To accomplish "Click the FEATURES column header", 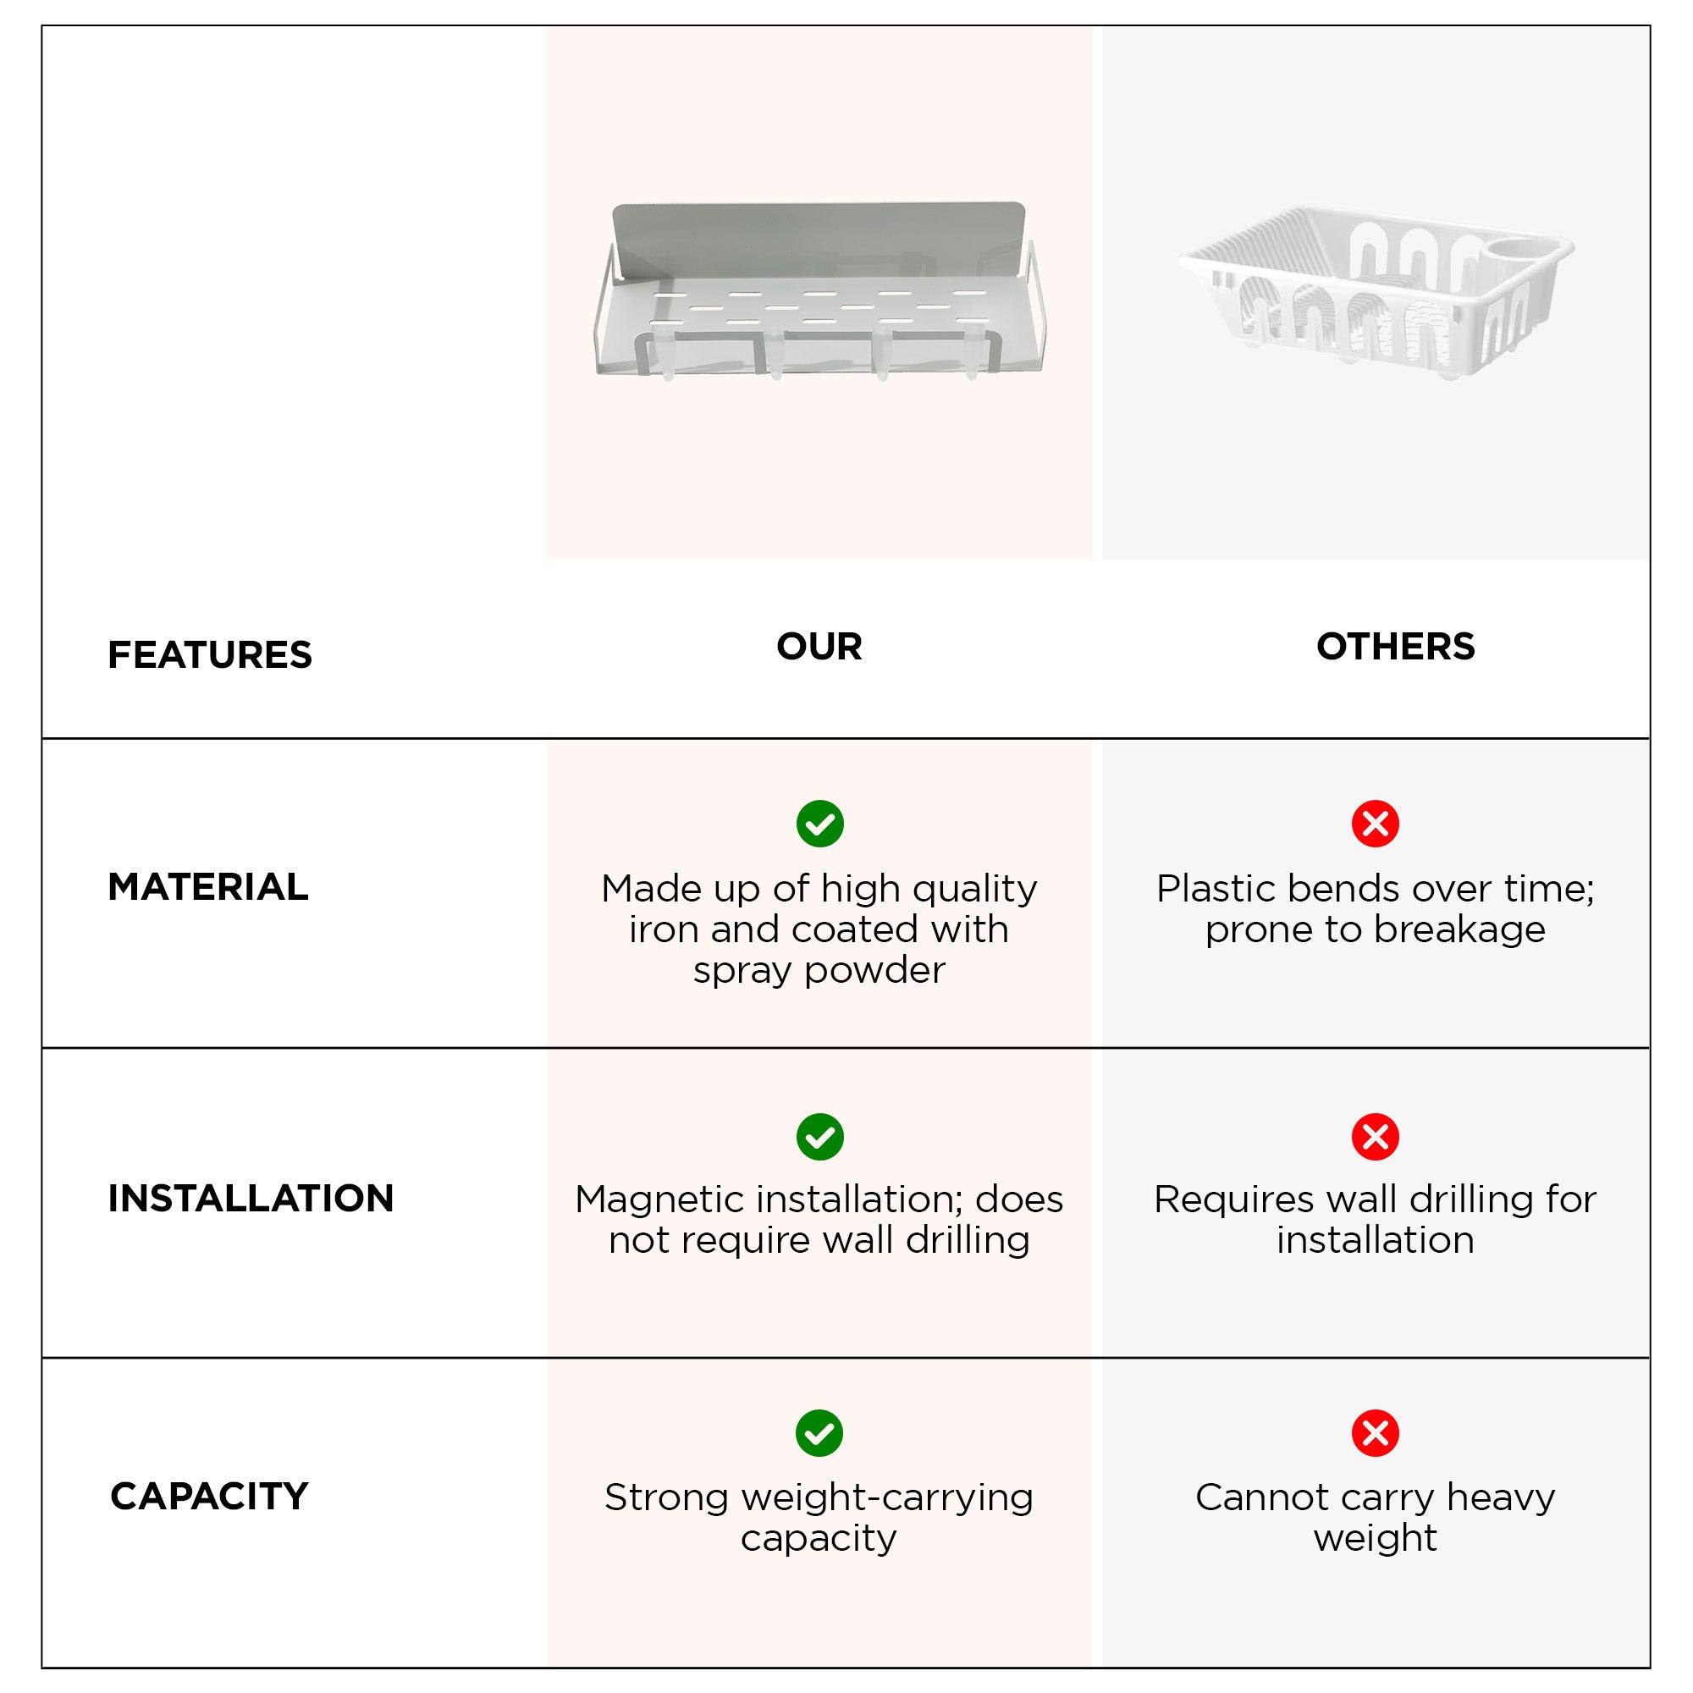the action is [209, 654].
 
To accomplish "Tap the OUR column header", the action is [819, 647].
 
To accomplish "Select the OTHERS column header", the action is [1395, 647].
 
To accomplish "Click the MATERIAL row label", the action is [207, 887].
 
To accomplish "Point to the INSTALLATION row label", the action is [251, 1198].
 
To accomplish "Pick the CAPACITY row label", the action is [209, 1496].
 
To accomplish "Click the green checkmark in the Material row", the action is [820, 824].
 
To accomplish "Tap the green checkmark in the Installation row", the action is [820, 1138].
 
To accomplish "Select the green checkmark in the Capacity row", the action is [819, 1434].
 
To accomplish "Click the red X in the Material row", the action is [1376, 824].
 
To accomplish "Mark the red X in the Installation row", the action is [1376, 1138].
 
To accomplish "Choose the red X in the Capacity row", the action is [1376, 1434].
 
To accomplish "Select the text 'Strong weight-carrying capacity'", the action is [819, 1518].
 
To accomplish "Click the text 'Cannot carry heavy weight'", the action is [1376, 1518].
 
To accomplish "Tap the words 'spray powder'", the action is [819, 971].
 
